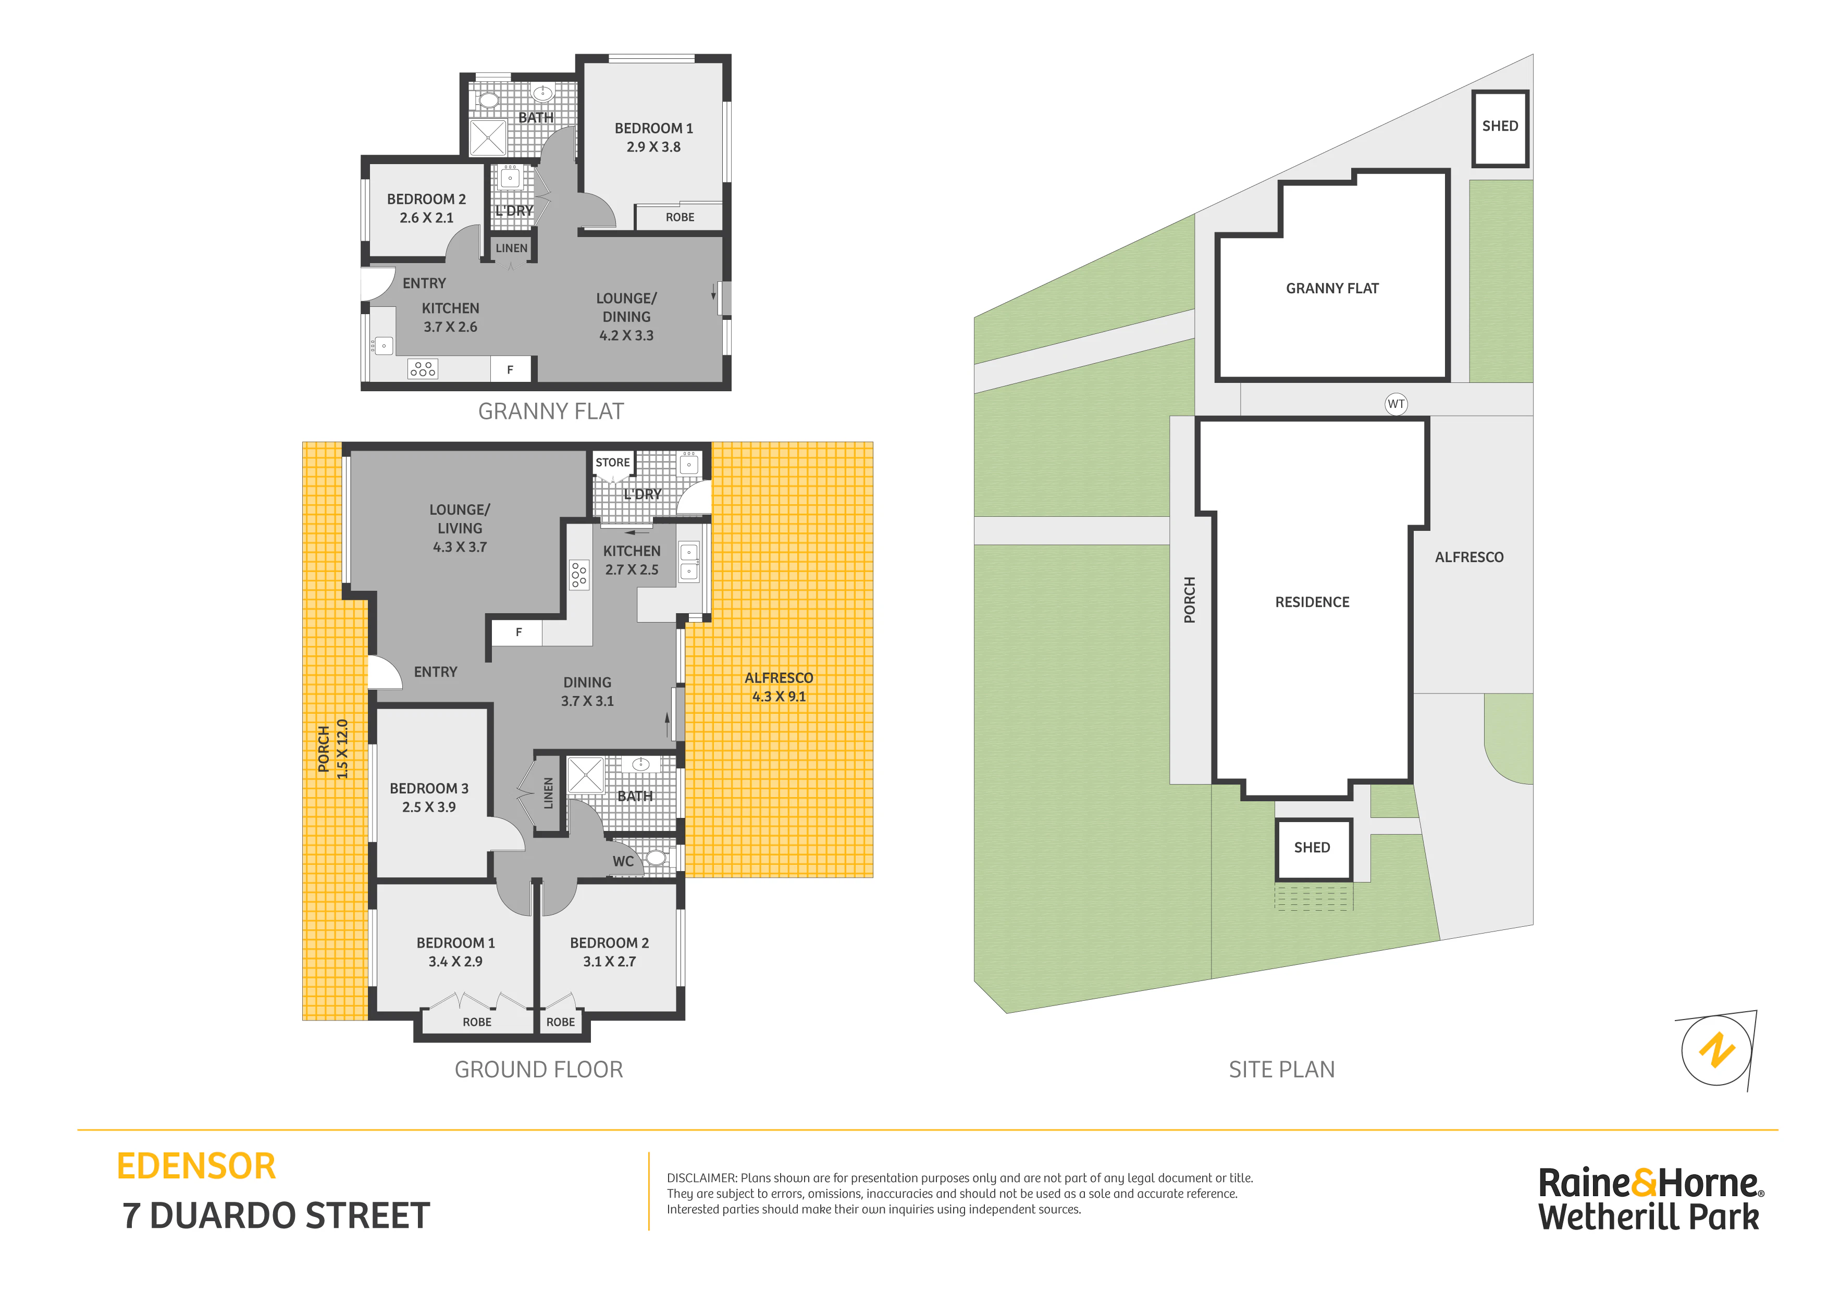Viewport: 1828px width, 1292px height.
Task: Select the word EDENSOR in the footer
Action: pyautogui.click(x=196, y=1166)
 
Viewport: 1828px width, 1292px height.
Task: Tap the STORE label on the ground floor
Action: pyautogui.click(x=612, y=463)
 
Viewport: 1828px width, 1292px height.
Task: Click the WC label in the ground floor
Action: pyautogui.click(x=623, y=861)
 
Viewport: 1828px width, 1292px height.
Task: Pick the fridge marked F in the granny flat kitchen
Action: pyautogui.click(x=510, y=369)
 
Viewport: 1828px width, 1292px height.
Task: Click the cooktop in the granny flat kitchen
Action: pyautogui.click(x=423, y=368)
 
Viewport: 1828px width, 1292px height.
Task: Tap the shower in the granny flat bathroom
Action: pyautogui.click(x=487, y=138)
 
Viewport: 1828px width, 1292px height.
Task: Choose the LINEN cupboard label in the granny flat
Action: pyautogui.click(x=511, y=249)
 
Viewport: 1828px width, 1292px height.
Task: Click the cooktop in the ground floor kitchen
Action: pyautogui.click(x=579, y=575)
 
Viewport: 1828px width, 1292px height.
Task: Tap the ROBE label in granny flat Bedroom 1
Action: pyautogui.click(x=680, y=217)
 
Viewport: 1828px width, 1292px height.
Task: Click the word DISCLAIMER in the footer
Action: pyautogui.click(x=701, y=1178)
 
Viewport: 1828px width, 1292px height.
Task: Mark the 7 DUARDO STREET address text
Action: pyautogui.click(x=276, y=1215)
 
